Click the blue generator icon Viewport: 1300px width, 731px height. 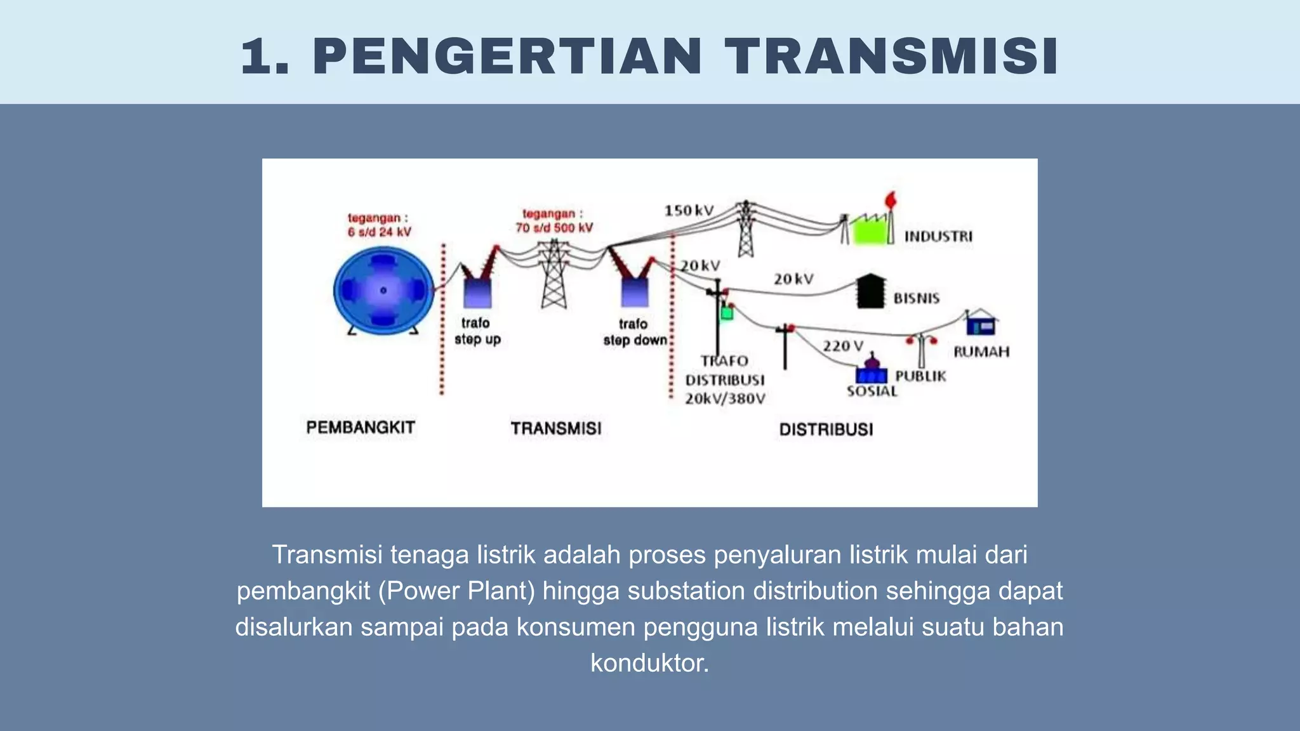(383, 291)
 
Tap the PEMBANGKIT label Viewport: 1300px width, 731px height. (361, 428)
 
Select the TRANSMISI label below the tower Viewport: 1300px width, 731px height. (556, 429)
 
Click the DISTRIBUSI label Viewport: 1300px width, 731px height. (826, 430)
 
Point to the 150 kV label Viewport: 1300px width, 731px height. (689, 211)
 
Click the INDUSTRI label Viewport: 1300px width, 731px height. (938, 237)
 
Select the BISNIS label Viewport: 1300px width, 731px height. (916, 298)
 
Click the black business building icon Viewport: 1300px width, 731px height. (870, 292)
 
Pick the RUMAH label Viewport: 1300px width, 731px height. (981, 352)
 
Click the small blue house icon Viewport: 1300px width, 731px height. (981, 324)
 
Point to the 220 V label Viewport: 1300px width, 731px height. (843, 346)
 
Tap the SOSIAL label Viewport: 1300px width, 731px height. (872, 392)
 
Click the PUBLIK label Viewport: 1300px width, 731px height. (920, 376)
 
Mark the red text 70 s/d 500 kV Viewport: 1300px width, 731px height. (554, 228)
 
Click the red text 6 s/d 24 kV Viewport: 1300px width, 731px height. (379, 232)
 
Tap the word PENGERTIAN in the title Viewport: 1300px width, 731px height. (507, 57)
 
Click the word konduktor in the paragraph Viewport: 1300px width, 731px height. (649, 663)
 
